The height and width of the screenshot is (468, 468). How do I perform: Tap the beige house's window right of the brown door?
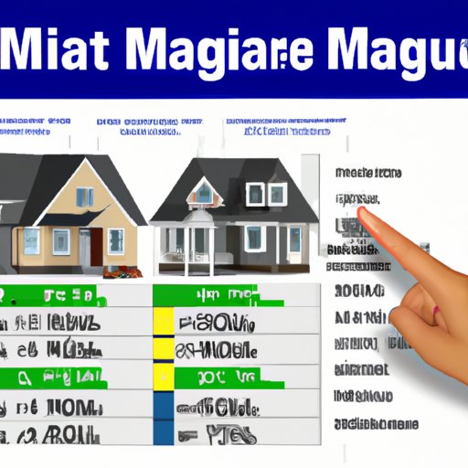[x=116, y=240]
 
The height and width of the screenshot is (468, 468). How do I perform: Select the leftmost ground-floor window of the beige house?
[x=31, y=240]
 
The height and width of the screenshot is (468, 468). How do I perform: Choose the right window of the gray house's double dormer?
[x=277, y=194]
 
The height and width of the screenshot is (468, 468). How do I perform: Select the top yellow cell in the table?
[x=164, y=321]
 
